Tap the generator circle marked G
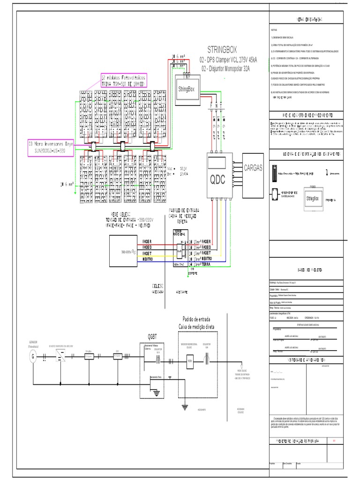coord(32,357)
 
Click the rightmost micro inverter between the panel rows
coord(152,146)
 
